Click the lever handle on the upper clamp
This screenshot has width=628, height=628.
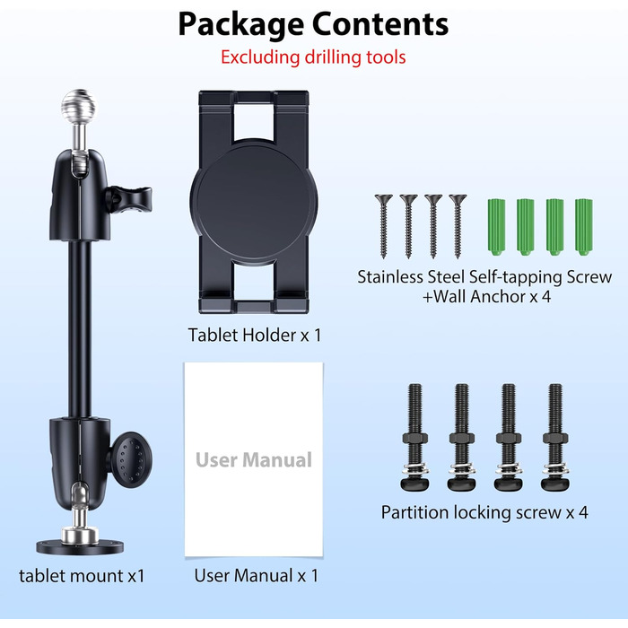pyautogui.click(x=129, y=199)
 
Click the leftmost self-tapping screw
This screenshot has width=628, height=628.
pyautogui.click(x=384, y=226)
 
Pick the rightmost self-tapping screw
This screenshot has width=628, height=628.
pyautogui.click(x=458, y=226)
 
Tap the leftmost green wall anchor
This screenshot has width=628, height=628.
pyautogui.click(x=496, y=227)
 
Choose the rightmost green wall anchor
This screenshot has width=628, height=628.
pyautogui.click(x=583, y=227)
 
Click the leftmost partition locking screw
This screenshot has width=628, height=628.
pyautogui.click(x=414, y=438)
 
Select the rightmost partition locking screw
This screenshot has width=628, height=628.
pyautogui.click(x=555, y=438)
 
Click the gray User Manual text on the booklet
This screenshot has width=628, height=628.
pyautogui.click(x=254, y=459)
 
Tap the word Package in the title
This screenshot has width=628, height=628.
pyautogui.click(x=240, y=25)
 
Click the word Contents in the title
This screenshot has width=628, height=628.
pyautogui.click(x=380, y=24)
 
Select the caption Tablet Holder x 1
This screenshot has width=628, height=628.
pyautogui.click(x=255, y=335)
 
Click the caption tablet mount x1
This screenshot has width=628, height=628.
pyautogui.click(x=82, y=576)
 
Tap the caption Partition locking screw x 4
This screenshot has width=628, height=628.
pyautogui.click(x=484, y=512)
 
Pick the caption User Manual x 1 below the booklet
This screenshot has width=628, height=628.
pyautogui.click(x=257, y=576)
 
